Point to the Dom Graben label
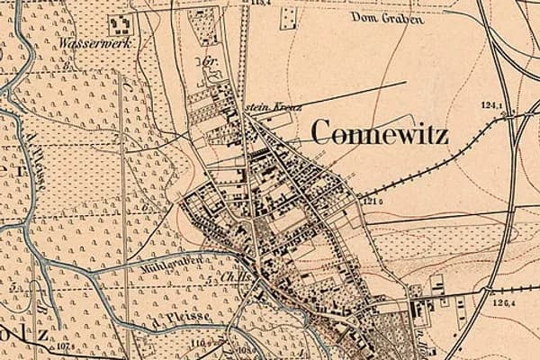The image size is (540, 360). coord(386,17)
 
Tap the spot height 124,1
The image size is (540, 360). coord(491,106)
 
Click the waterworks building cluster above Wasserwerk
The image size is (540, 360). coord(120,24)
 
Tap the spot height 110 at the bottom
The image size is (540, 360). coord(199,344)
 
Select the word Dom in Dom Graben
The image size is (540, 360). coord(364,17)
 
